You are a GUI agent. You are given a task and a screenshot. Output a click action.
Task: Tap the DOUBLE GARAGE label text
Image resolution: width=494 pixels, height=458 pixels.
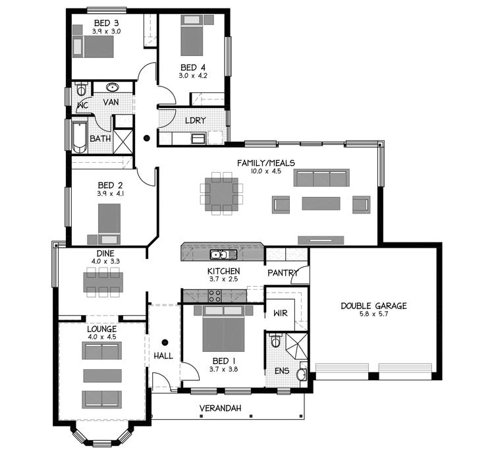pyautogui.click(x=373, y=306)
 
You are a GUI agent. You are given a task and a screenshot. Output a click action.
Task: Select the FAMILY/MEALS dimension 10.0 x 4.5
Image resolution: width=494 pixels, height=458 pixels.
pyautogui.click(x=266, y=171)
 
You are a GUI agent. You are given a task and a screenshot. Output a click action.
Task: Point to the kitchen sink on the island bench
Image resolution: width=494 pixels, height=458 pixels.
pyautogui.click(x=219, y=254)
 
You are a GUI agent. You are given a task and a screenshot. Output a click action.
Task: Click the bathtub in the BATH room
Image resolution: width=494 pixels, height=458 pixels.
pyautogui.click(x=79, y=136)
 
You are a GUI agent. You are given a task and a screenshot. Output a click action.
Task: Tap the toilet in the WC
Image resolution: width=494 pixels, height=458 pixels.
pyautogui.click(x=81, y=89)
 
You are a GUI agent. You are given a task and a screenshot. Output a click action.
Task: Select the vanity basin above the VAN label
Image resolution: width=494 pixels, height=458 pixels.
pyautogui.click(x=112, y=87)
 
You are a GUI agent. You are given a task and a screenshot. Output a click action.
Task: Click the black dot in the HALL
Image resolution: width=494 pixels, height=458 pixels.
pyautogui.click(x=164, y=342)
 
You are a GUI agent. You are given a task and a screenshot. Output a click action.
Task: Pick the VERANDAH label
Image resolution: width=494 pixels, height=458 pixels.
pyautogui.click(x=221, y=409)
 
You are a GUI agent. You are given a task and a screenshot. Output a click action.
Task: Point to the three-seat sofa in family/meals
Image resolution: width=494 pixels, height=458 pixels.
pyautogui.click(x=321, y=179)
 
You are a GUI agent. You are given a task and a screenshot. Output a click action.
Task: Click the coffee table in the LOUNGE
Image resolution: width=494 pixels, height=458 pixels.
pyautogui.click(x=101, y=376)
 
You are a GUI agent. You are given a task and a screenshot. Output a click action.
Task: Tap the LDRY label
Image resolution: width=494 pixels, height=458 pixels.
pyautogui.click(x=196, y=121)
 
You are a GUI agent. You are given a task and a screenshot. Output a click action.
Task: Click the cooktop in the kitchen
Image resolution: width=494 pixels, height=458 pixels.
pyautogui.click(x=215, y=297)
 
